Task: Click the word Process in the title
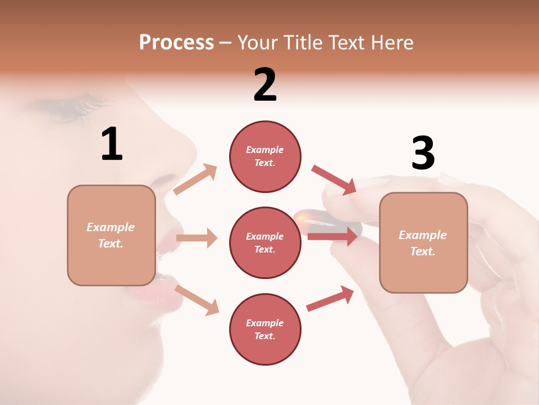pyautogui.click(x=176, y=43)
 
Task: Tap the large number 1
pyautogui.click(x=112, y=144)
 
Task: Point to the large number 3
pyautogui.click(x=423, y=153)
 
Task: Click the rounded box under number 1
pyautogui.click(x=111, y=235)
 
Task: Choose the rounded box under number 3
pyautogui.click(x=423, y=242)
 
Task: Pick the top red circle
pyautogui.click(x=265, y=156)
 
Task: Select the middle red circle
pyautogui.click(x=265, y=242)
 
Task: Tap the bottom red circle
pyautogui.click(x=265, y=329)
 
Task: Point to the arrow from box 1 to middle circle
pyautogui.click(x=197, y=238)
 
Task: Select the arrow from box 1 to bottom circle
pyautogui.click(x=197, y=299)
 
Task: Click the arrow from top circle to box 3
pyautogui.click(x=334, y=179)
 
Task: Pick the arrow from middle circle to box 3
pyautogui.click(x=332, y=236)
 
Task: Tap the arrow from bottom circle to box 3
pyautogui.click(x=330, y=299)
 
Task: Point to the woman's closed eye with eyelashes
pyautogui.click(x=70, y=107)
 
